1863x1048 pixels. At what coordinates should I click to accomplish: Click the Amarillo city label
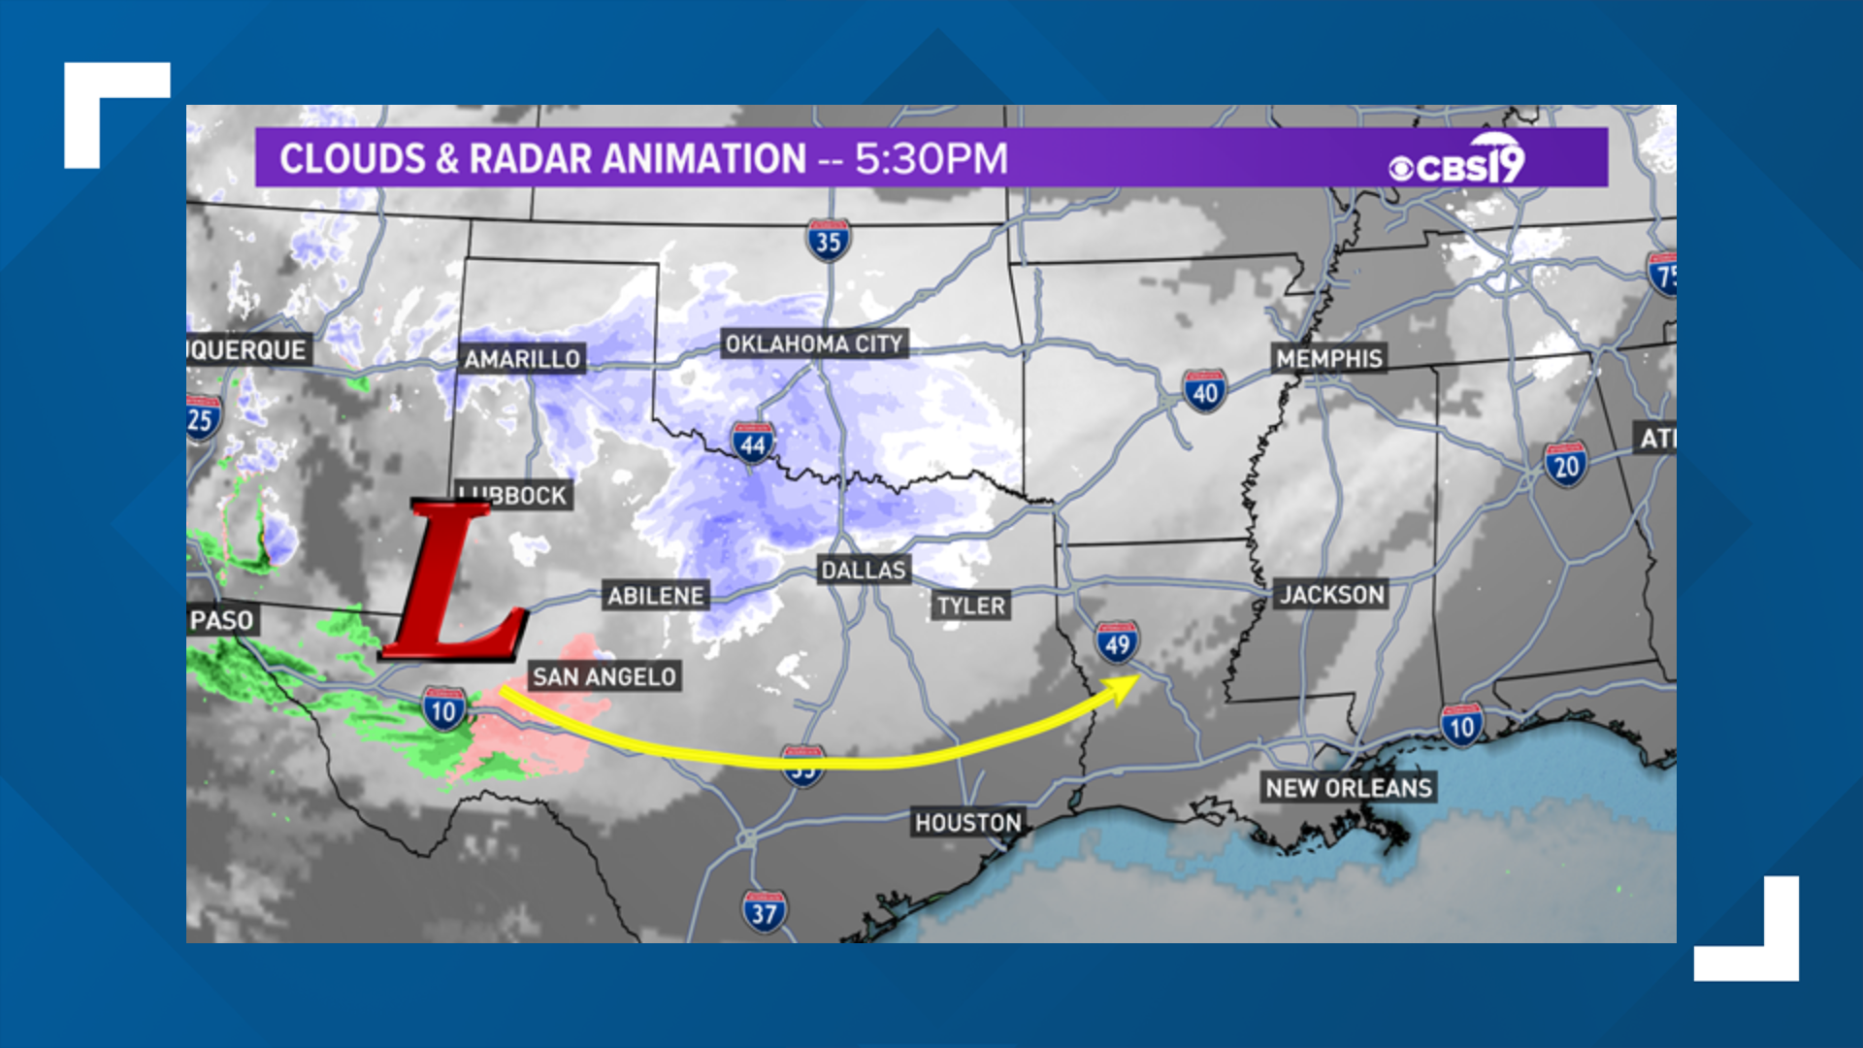pyautogui.click(x=522, y=359)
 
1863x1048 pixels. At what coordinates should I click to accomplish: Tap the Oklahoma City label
pyautogui.click(x=814, y=344)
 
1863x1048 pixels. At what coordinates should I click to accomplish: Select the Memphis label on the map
pyautogui.click(x=1328, y=358)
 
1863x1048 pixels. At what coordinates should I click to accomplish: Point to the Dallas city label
pyautogui.click(x=864, y=570)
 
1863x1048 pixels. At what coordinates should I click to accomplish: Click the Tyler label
pyautogui.click(x=970, y=606)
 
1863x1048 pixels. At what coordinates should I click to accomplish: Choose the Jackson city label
pyautogui.click(x=1331, y=594)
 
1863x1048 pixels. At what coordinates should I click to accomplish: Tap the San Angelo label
pyautogui.click(x=604, y=676)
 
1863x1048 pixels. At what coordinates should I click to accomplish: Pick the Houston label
pyautogui.click(x=967, y=823)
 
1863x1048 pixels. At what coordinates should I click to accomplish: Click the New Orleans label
pyautogui.click(x=1349, y=788)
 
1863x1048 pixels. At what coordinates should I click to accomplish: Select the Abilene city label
pyautogui.click(x=656, y=596)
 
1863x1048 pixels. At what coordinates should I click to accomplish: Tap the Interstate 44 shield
pyautogui.click(x=753, y=444)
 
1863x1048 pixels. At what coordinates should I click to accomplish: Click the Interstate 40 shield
pyautogui.click(x=1204, y=392)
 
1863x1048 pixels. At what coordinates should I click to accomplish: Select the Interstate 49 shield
pyautogui.click(x=1117, y=643)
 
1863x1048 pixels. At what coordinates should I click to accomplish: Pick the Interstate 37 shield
pyautogui.click(x=764, y=912)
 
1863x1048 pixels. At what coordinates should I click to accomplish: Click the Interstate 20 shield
pyautogui.click(x=1566, y=466)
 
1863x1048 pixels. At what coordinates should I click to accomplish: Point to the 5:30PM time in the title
pyautogui.click(x=931, y=159)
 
